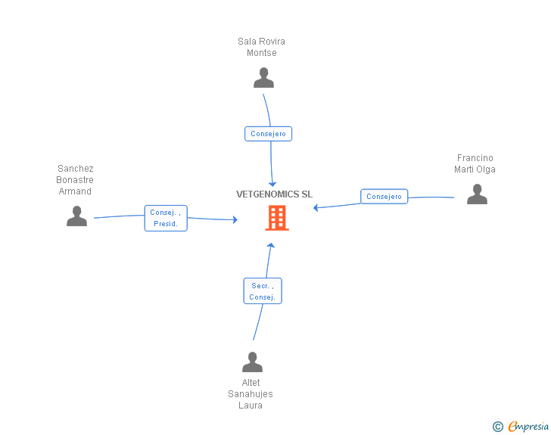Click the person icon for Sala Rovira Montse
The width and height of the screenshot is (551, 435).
[x=263, y=78]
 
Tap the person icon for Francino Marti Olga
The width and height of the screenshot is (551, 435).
[x=477, y=194]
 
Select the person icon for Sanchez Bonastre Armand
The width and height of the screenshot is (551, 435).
[x=76, y=216]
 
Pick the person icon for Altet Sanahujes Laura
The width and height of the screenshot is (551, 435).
[x=252, y=362]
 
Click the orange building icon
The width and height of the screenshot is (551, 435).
[x=276, y=218]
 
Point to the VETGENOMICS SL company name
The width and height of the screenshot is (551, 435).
[x=274, y=194]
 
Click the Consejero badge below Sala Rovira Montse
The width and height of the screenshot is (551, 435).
[x=268, y=134]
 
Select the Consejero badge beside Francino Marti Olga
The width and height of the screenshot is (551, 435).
[x=384, y=197]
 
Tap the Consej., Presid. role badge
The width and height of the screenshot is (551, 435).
[x=166, y=218]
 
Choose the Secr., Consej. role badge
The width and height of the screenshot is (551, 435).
[x=262, y=291]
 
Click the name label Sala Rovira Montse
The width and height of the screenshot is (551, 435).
[x=261, y=47]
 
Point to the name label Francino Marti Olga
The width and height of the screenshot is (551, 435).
[x=475, y=164]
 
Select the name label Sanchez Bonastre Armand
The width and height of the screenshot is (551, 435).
[x=75, y=180]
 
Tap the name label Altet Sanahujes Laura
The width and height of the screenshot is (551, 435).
[x=251, y=394]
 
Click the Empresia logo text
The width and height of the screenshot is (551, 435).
[x=528, y=427]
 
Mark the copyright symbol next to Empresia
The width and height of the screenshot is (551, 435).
[x=497, y=427]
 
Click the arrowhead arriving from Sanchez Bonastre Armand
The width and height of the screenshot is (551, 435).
[x=235, y=220]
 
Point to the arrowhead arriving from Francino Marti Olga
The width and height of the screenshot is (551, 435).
[x=316, y=207]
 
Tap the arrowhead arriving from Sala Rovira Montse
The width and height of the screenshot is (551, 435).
[x=272, y=185]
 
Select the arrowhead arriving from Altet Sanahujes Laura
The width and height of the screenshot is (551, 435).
[x=270, y=245]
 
